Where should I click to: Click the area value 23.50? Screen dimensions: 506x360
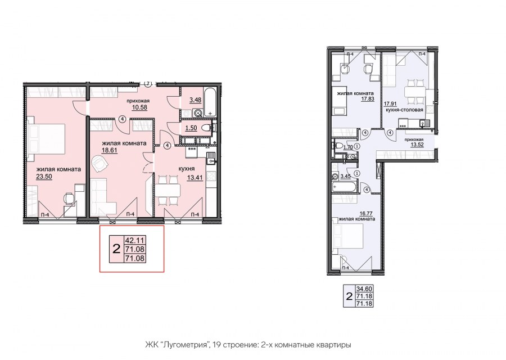(44, 176)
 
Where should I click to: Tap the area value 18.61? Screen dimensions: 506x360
(110, 150)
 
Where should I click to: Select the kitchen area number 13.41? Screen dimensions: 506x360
(195, 177)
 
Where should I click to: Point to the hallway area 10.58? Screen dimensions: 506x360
(139, 107)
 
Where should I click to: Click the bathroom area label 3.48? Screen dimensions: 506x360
(195, 100)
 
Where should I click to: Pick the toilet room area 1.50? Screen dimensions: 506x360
(191, 128)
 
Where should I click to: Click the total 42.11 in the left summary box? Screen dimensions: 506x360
(134, 240)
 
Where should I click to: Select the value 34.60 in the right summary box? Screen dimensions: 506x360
(364, 289)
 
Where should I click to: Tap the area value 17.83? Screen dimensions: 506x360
(368, 99)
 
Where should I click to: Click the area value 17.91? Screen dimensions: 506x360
(390, 104)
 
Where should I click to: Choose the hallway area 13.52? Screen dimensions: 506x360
(417, 145)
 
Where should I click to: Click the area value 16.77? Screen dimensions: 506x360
(367, 213)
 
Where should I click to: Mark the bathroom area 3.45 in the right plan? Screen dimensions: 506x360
(346, 176)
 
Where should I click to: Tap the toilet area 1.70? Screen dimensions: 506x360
(348, 147)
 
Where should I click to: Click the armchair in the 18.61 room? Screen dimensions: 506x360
(100, 164)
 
